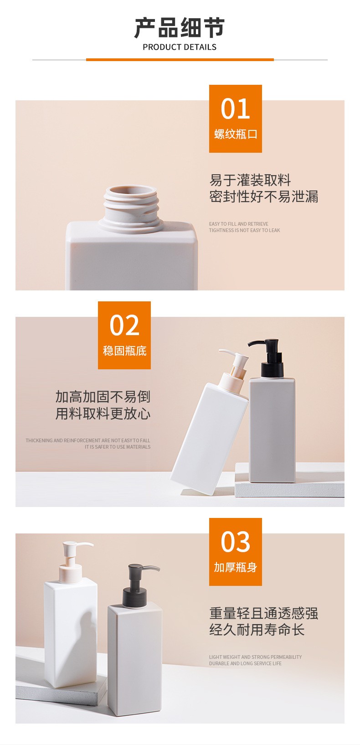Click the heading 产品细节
[180, 28]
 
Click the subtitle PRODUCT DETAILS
[180, 47]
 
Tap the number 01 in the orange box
[235, 109]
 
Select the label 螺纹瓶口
[235, 134]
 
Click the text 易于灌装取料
[250, 180]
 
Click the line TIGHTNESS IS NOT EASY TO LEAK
[244, 230]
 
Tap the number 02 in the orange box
[124, 325]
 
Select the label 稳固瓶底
[124, 351]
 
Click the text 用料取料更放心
[103, 414]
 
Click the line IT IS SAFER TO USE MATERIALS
[118, 447]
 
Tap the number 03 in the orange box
[235, 542]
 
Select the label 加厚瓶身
[235, 567]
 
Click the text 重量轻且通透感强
[263, 613]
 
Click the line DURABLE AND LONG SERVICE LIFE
[245, 663]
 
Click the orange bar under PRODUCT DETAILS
[180, 60]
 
